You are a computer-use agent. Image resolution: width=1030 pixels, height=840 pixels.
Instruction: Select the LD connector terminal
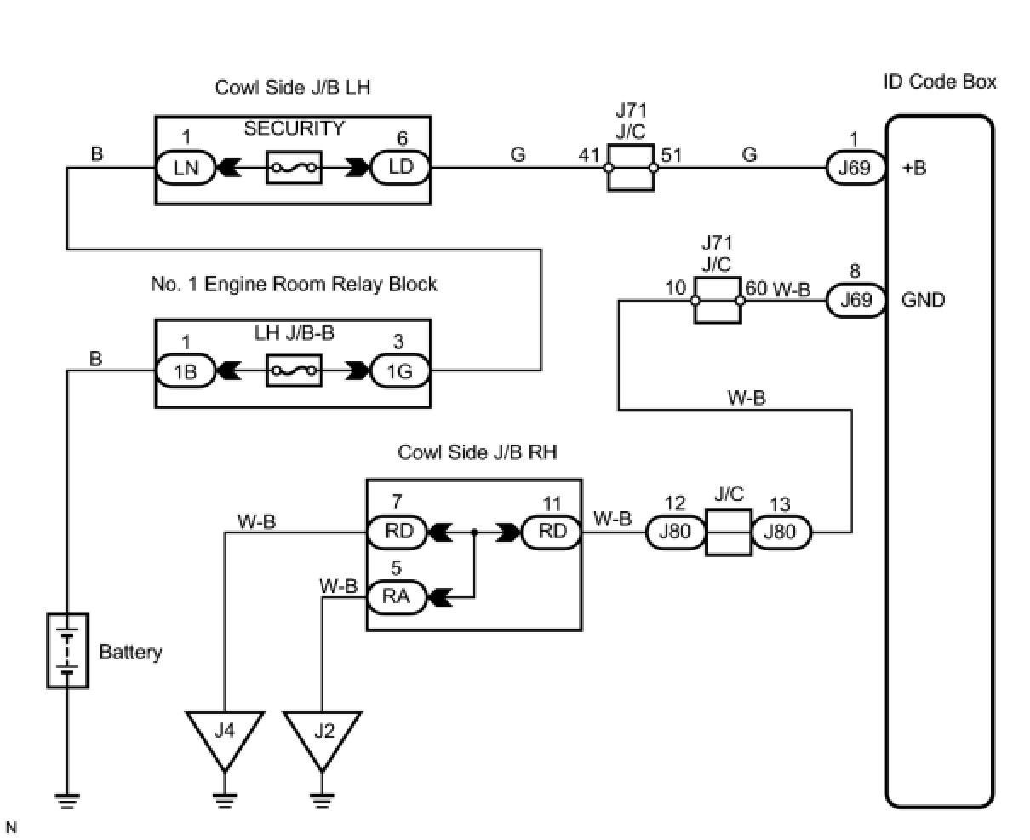pos(400,167)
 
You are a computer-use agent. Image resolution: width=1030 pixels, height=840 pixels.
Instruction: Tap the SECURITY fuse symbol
pos(294,168)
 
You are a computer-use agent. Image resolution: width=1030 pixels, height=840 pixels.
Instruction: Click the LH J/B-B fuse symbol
pos(294,371)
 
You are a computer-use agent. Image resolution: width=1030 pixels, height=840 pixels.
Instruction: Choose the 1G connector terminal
pos(400,371)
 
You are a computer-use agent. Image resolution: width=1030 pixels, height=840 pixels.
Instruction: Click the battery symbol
pos(67,651)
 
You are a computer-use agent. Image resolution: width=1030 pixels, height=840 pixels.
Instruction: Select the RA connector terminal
pos(396,596)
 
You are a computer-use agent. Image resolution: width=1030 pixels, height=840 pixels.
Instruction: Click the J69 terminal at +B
pos(855,167)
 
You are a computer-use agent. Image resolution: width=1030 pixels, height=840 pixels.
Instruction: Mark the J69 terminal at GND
pos(855,300)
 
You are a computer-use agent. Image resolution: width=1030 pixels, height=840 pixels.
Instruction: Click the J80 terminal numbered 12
pos(675,532)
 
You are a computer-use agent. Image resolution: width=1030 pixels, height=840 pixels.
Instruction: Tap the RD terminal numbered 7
pos(397,532)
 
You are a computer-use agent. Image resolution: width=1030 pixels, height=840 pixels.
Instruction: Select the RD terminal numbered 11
pos(552,532)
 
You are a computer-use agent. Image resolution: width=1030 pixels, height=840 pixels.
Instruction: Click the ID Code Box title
pos(940,83)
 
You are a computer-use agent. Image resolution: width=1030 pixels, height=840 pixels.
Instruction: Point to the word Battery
pos(130,653)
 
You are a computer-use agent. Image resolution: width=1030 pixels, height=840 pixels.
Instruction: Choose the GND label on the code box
pos(923,300)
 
